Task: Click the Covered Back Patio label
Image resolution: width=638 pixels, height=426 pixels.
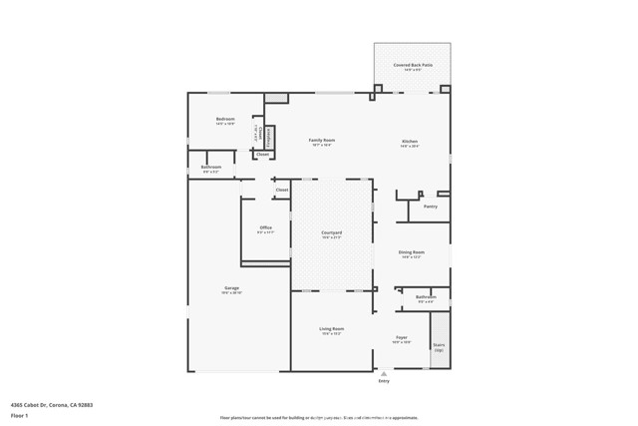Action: click(x=412, y=65)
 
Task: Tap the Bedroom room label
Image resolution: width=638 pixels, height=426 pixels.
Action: click(x=225, y=120)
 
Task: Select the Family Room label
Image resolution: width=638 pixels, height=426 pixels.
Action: click(x=321, y=141)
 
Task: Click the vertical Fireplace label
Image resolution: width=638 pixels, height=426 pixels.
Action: click(x=268, y=137)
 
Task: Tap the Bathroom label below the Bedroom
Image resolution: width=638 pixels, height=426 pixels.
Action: click(x=211, y=168)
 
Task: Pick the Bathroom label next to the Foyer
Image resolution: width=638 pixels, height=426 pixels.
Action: click(x=426, y=296)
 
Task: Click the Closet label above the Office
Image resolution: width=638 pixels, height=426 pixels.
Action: click(x=282, y=190)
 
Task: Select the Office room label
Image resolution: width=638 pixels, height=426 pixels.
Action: click(x=265, y=228)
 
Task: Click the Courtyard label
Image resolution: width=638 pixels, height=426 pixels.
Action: click(x=331, y=233)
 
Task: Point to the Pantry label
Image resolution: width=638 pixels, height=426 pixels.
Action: click(x=431, y=207)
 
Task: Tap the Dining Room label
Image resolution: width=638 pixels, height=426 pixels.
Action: click(x=412, y=253)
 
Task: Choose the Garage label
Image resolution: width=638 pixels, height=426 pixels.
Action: click(x=231, y=288)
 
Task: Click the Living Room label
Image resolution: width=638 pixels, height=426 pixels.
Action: click(x=331, y=329)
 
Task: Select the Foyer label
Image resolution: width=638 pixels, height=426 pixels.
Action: click(x=401, y=338)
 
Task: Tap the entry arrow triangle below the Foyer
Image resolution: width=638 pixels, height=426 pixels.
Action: click(x=384, y=374)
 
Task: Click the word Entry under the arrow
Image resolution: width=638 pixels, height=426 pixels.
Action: click(x=384, y=381)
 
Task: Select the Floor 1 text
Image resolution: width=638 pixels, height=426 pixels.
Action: click(x=19, y=415)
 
